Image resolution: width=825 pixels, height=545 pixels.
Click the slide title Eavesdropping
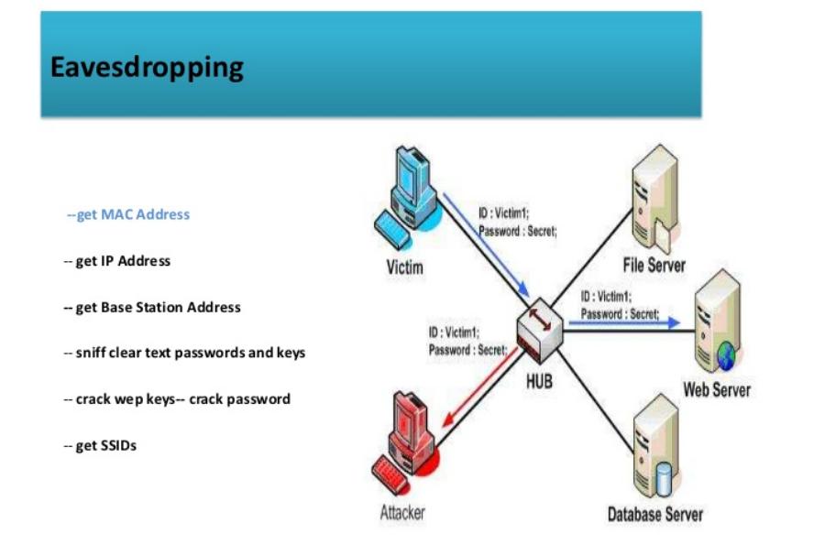(x=147, y=67)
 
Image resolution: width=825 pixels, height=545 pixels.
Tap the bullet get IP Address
(x=116, y=261)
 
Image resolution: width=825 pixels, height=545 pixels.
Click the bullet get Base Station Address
(x=151, y=308)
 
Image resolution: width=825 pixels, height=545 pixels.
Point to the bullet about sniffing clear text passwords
(x=183, y=353)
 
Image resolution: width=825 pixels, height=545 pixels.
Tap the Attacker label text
(x=402, y=513)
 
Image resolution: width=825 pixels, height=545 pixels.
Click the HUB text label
(x=539, y=380)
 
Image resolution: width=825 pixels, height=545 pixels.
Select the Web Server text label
(x=717, y=390)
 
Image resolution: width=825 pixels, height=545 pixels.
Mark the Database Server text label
(x=655, y=514)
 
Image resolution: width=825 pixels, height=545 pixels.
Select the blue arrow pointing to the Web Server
(x=623, y=322)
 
